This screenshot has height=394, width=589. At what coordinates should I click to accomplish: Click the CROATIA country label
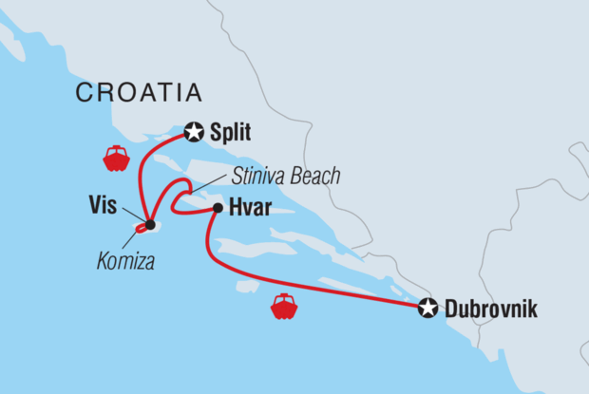139,92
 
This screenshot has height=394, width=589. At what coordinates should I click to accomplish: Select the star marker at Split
194,133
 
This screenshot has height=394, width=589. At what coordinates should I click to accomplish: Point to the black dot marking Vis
150,225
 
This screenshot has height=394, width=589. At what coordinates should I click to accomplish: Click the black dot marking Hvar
218,208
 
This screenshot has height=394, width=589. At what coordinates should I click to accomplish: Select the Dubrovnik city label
491,309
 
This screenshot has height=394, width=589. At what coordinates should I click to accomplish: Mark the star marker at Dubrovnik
427,308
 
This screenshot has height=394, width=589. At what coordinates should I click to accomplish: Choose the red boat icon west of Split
116,158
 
